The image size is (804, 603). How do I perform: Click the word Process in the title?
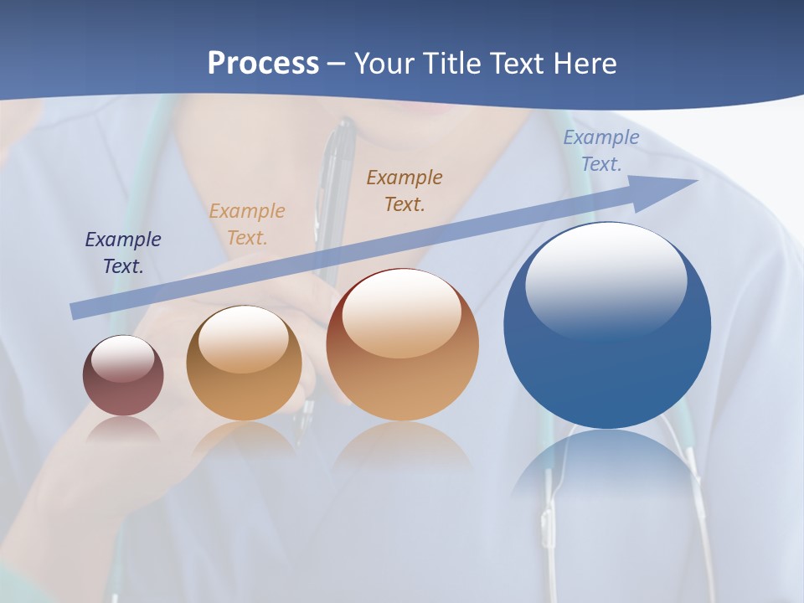263,64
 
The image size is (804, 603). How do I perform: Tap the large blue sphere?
607,368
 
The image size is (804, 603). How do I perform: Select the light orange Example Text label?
247,224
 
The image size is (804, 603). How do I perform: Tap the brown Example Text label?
405,191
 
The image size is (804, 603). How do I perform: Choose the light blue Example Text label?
600,151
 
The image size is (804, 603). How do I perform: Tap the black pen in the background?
338,167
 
